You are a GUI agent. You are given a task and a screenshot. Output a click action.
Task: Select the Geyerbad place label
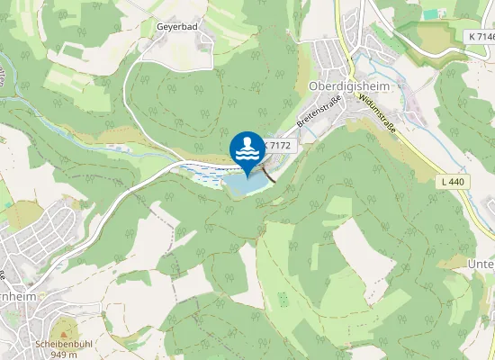tap(176, 27)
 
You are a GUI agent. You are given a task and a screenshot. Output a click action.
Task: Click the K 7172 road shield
tap(277, 144)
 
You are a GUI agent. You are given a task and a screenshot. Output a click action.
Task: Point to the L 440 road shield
tap(454, 182)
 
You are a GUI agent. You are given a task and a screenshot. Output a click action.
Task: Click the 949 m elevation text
tap(63, 354)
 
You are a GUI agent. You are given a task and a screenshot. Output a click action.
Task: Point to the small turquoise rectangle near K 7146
tap(430, 14)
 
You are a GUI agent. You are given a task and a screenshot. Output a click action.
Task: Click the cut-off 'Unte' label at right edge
tap(481, 264)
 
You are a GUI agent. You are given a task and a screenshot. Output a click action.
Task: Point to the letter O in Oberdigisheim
tap(312, 85)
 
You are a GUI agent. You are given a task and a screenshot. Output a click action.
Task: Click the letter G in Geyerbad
tap(158, 27)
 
